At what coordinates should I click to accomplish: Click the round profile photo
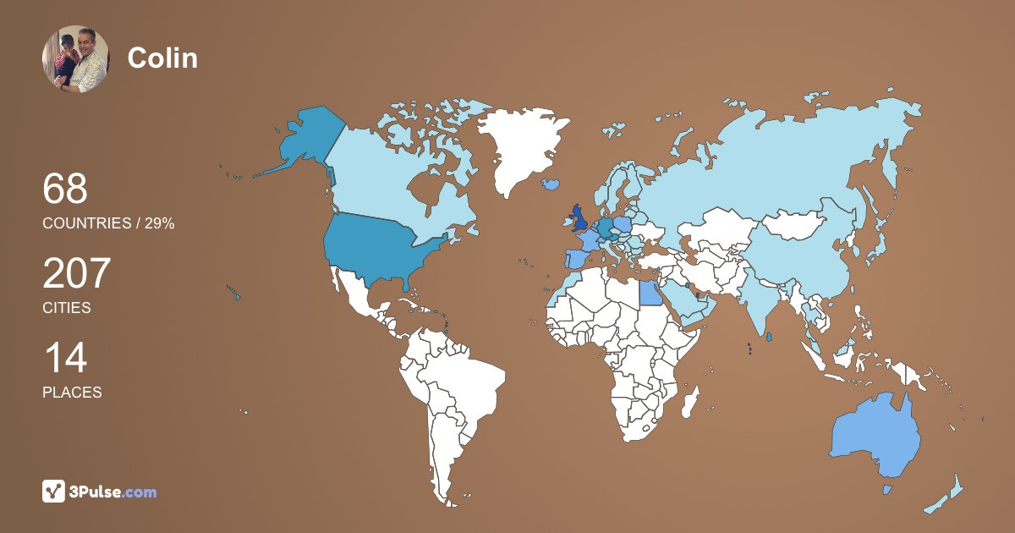(75, 58)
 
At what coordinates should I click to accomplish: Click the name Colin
(162, 58)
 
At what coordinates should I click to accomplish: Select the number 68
(65, 189)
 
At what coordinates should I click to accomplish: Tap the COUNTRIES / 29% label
(108, 223)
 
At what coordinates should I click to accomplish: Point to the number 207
(77, 273)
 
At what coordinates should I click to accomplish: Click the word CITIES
(67, 308)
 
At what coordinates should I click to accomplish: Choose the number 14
(64, 358)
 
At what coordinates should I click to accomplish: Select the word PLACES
(72, 393)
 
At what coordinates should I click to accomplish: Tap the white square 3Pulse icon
(54, 492)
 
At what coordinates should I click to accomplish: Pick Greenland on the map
(524, 144)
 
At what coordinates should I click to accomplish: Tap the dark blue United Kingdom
(580, 218)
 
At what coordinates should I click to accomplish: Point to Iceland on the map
(551, 183)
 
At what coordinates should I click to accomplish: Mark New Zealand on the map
(947, 494)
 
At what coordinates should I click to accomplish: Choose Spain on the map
(574, 258)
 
